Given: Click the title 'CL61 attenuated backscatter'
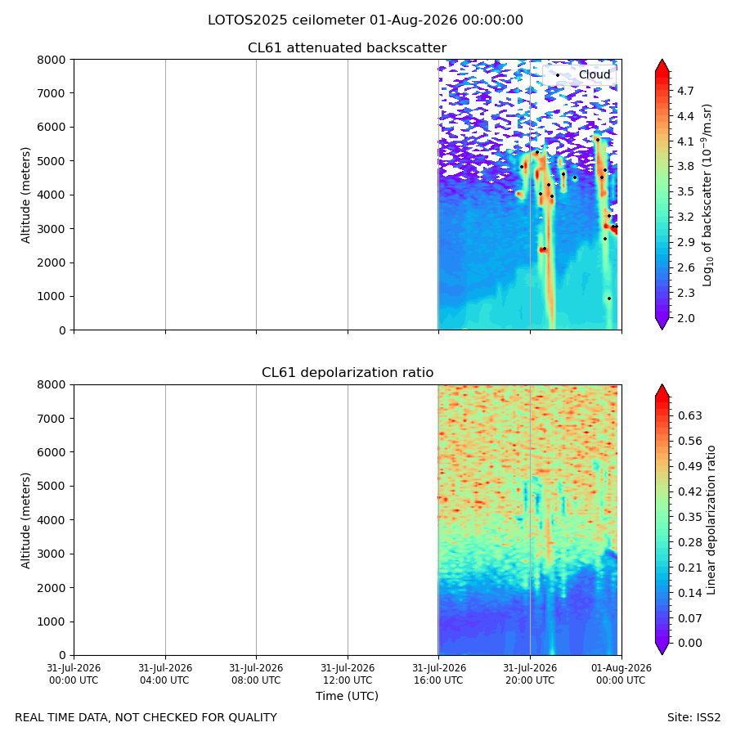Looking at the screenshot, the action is (347, 48).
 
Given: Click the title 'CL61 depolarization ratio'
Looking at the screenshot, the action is (348, 373).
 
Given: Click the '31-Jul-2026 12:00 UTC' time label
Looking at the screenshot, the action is (348, 674).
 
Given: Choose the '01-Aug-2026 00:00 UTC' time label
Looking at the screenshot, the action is (621, 674).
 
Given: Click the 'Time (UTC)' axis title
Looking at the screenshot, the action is (347, 696).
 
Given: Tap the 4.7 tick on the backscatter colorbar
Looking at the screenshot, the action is (685, 91).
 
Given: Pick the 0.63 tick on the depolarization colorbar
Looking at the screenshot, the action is (690, 415).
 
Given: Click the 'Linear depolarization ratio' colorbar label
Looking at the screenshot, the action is (711, 520).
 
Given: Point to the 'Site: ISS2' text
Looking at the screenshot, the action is (693, 717).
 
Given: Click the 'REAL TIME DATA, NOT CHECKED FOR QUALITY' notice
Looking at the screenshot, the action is (146, 717).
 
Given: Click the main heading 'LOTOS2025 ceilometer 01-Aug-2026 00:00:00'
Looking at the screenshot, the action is (366, 20).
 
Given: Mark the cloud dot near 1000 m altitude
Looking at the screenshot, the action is (609, 298).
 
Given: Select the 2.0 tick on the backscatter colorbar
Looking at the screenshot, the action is (685, 318).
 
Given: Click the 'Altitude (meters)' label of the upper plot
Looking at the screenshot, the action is (25, 195).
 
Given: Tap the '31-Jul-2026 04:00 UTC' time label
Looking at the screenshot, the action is (165, 674).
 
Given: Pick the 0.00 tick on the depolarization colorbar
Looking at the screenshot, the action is (690, 643).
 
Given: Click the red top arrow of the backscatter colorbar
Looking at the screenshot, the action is (662, 66).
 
